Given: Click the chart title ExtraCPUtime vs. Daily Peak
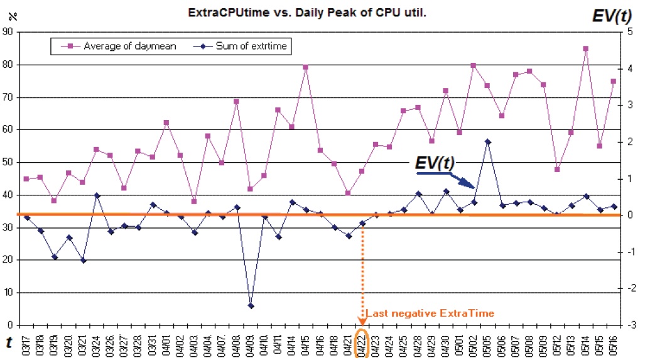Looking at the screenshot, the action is click(x=307, y=13).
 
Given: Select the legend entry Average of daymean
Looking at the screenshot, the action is click(x=119, y=46).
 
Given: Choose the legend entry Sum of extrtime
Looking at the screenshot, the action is click(x=241, y=46).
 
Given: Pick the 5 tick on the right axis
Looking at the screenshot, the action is click(x=630, y=32).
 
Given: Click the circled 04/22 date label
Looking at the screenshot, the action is click(x=362, y=344).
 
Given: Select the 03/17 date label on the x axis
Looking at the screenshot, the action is click(x=26, y=344).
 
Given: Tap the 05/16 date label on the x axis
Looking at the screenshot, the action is click(x=614, y=344).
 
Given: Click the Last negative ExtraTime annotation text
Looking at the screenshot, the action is click(x=430, y=313).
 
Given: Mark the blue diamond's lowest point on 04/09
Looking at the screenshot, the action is click(x=251, y=306).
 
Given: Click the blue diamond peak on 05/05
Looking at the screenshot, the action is click(x=488, y=142).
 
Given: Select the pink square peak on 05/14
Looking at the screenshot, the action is click(x=586, y=48).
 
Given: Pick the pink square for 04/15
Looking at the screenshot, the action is click(x=305, y=67).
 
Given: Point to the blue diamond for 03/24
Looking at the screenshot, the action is click(x=97, y=195).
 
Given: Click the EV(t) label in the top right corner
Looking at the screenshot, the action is click(x=612, y=16).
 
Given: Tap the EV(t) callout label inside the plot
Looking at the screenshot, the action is click(x=435, y=162).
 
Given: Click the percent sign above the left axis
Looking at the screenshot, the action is click(x=13, y=16).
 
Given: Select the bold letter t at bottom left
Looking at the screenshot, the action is click(x=9, y=342).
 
